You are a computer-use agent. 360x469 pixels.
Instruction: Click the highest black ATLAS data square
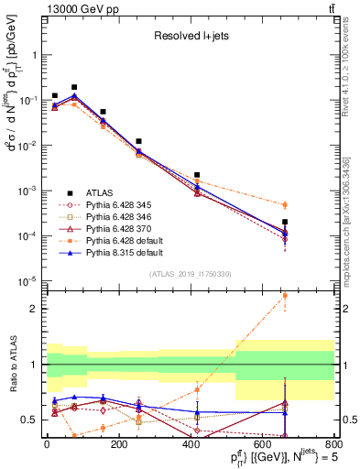(x=74, y=87)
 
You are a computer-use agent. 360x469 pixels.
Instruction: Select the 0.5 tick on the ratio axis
(x=34, y=420)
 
